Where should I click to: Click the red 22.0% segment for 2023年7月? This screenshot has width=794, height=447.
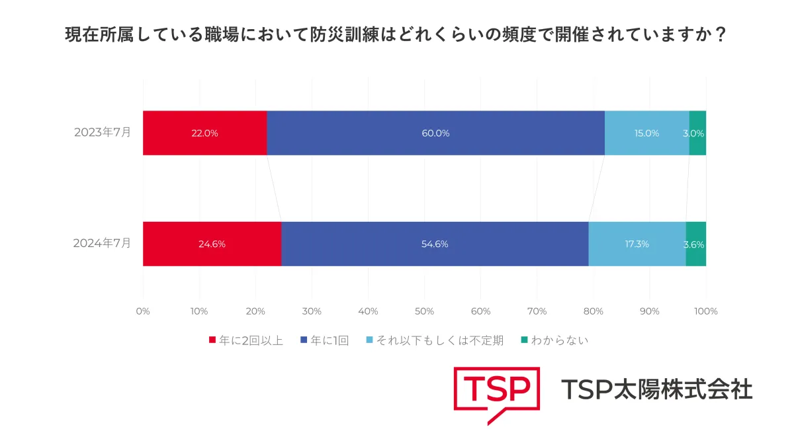pos(204,132)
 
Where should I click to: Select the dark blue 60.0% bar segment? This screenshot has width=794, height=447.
pos(435,132)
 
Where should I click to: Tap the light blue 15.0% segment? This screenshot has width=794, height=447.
pos(646,132)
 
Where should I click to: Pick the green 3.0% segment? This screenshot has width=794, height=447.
pos(697,132)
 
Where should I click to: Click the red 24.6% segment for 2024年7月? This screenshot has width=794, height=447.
pos(212,244)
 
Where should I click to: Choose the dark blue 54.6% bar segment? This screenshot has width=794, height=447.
pos(435,244)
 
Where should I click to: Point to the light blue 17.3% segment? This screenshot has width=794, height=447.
pos(637,244)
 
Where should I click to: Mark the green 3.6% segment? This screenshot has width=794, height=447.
pos(695,244)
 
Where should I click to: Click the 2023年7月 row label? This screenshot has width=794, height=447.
pos(102,132)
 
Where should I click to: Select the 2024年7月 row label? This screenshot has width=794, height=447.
pos(102,244)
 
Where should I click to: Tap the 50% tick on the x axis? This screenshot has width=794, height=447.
pos(424,311)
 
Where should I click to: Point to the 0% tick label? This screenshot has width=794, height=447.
pos(143,311)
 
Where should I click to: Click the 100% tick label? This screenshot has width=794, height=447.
pos(706,311)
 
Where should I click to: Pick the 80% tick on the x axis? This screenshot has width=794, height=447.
pos(593,311)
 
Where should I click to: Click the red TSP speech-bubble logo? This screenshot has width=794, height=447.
pos(496,393)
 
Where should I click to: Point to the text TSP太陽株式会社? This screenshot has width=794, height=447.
pos(656,389)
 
